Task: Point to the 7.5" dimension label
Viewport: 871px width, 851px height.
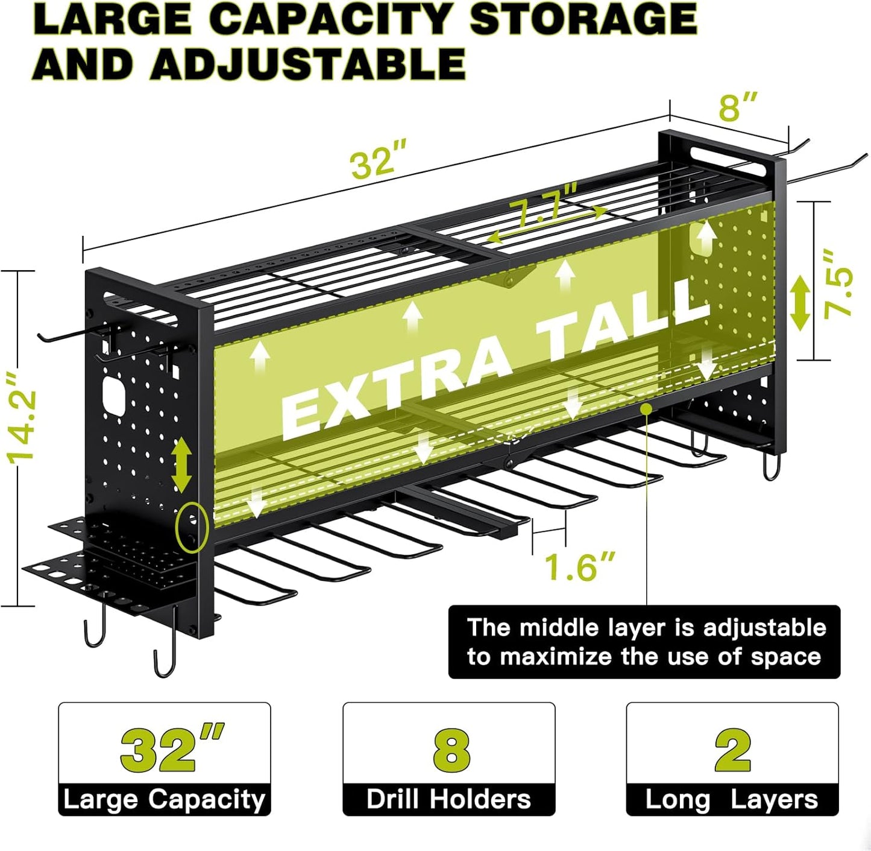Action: pyautogui.click(x=840, y=283)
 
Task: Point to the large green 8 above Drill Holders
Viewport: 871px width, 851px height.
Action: pyautogui.click(x=450, y=750)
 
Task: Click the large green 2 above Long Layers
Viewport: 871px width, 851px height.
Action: pyautogui.click(x=732, y=750)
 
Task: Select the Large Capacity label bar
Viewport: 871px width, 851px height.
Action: pyautogui.click(x=165, y=800)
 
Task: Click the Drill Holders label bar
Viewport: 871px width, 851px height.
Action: pyautogui.click(x=449, y=800)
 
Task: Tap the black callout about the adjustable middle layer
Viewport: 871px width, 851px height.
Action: pyautogui.click(x=644, y=642)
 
